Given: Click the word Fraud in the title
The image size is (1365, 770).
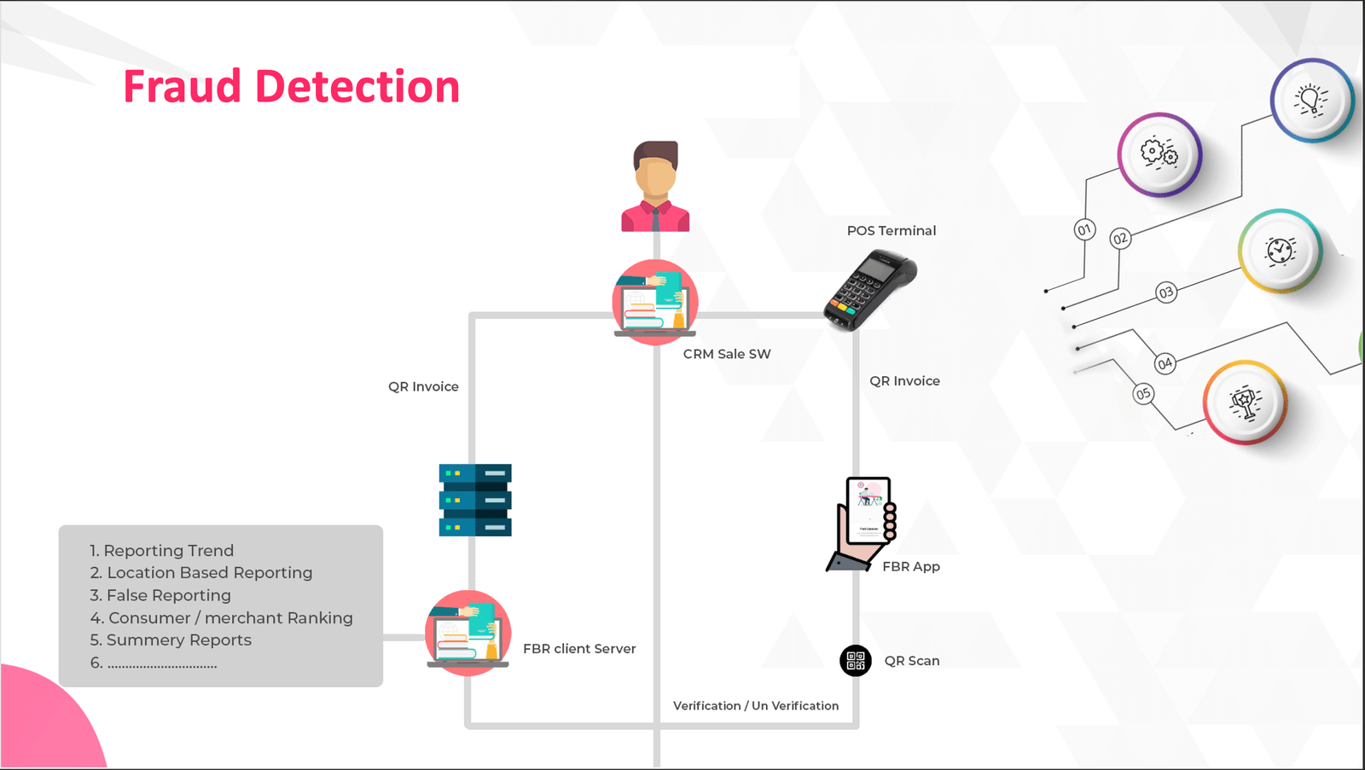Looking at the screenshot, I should point(182,87).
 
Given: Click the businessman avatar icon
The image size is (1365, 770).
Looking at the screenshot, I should point(654,187).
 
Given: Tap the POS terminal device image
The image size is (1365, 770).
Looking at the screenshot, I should point(868,289).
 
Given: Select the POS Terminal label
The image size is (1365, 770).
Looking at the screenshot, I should point(891,231).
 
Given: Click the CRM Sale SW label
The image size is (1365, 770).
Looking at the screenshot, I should point(727,354).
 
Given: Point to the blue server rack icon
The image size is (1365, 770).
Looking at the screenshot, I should point(475,500).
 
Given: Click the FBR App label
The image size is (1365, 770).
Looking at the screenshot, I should point(910,567).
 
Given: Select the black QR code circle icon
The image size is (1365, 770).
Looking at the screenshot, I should point(855,661).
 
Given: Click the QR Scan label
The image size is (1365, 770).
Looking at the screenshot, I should point(911,661).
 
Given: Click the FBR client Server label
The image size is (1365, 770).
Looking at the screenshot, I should point(579,649).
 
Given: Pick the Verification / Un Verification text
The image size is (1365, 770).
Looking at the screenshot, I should point(755,706).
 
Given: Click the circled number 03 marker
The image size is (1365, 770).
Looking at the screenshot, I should point(1165,292).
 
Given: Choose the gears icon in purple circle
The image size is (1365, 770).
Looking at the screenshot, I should point(1159,154).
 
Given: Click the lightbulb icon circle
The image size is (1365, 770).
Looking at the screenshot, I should point(1311,100).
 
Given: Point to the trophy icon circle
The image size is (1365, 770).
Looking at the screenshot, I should point(1245,402).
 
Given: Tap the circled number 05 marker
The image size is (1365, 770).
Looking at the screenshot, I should point(1143,394).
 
